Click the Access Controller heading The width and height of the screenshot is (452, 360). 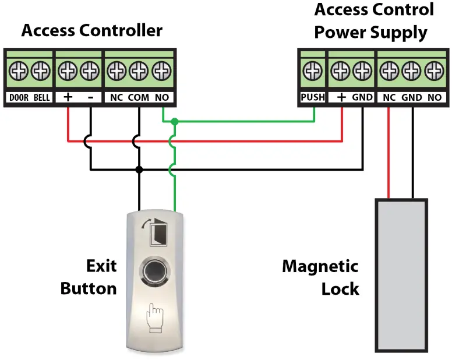tap(91, 30)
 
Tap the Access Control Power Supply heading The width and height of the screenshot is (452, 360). tap(373, 20)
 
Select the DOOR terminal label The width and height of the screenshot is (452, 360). tap(19, 97)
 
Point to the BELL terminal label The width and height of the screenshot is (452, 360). tap(41, 97)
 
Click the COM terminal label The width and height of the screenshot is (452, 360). tap(139, 97)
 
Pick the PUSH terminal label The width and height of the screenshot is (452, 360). tap(312, 97)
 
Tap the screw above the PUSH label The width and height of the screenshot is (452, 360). tap(313, 72)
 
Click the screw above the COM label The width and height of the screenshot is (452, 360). tap(139, 72)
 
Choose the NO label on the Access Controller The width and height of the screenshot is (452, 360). tap(162, 97)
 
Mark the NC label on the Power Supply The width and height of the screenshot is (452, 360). tap(389, 97)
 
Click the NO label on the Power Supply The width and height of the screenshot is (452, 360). tap(434, 97)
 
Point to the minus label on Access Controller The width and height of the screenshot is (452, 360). tap(90, 97)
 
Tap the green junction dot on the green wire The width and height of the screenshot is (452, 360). tap(174, 122)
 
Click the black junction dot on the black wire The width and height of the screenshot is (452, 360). tap(139, 170)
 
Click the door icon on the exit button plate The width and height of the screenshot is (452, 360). tap(154, 231)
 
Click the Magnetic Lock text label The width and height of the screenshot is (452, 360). tap(320, 277)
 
